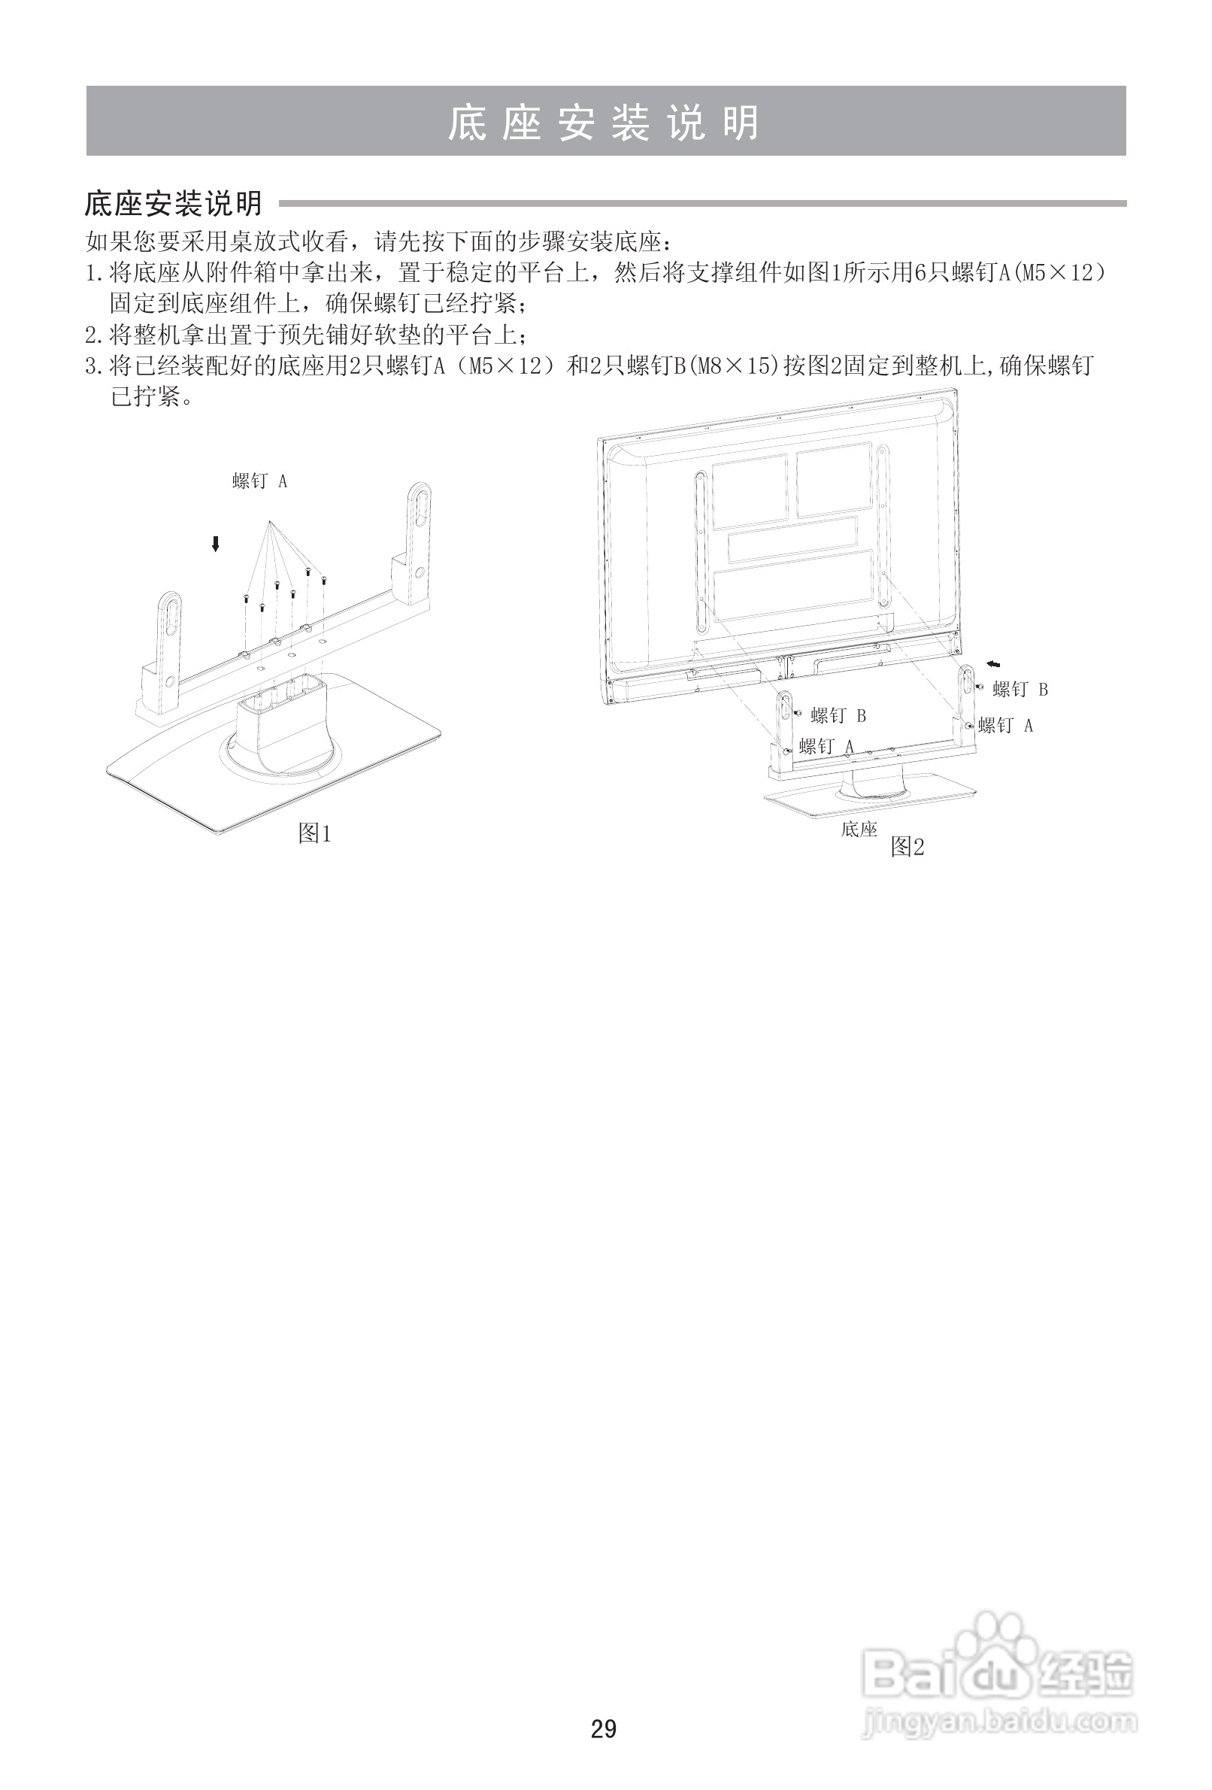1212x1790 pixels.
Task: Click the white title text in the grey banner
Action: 604,123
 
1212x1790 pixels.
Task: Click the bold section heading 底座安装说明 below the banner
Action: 173,204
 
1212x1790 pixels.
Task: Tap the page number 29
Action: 604,1729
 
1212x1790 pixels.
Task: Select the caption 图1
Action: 314,833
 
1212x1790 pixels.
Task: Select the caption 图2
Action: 907,848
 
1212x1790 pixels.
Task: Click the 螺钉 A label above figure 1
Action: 259,481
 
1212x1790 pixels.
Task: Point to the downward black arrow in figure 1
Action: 216,545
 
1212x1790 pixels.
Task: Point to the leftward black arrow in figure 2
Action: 994,664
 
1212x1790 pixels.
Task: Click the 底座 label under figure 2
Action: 859,830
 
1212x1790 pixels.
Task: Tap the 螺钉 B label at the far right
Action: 1020,690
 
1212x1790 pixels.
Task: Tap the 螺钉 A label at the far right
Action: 1006,726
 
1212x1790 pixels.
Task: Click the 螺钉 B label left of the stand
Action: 838,716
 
